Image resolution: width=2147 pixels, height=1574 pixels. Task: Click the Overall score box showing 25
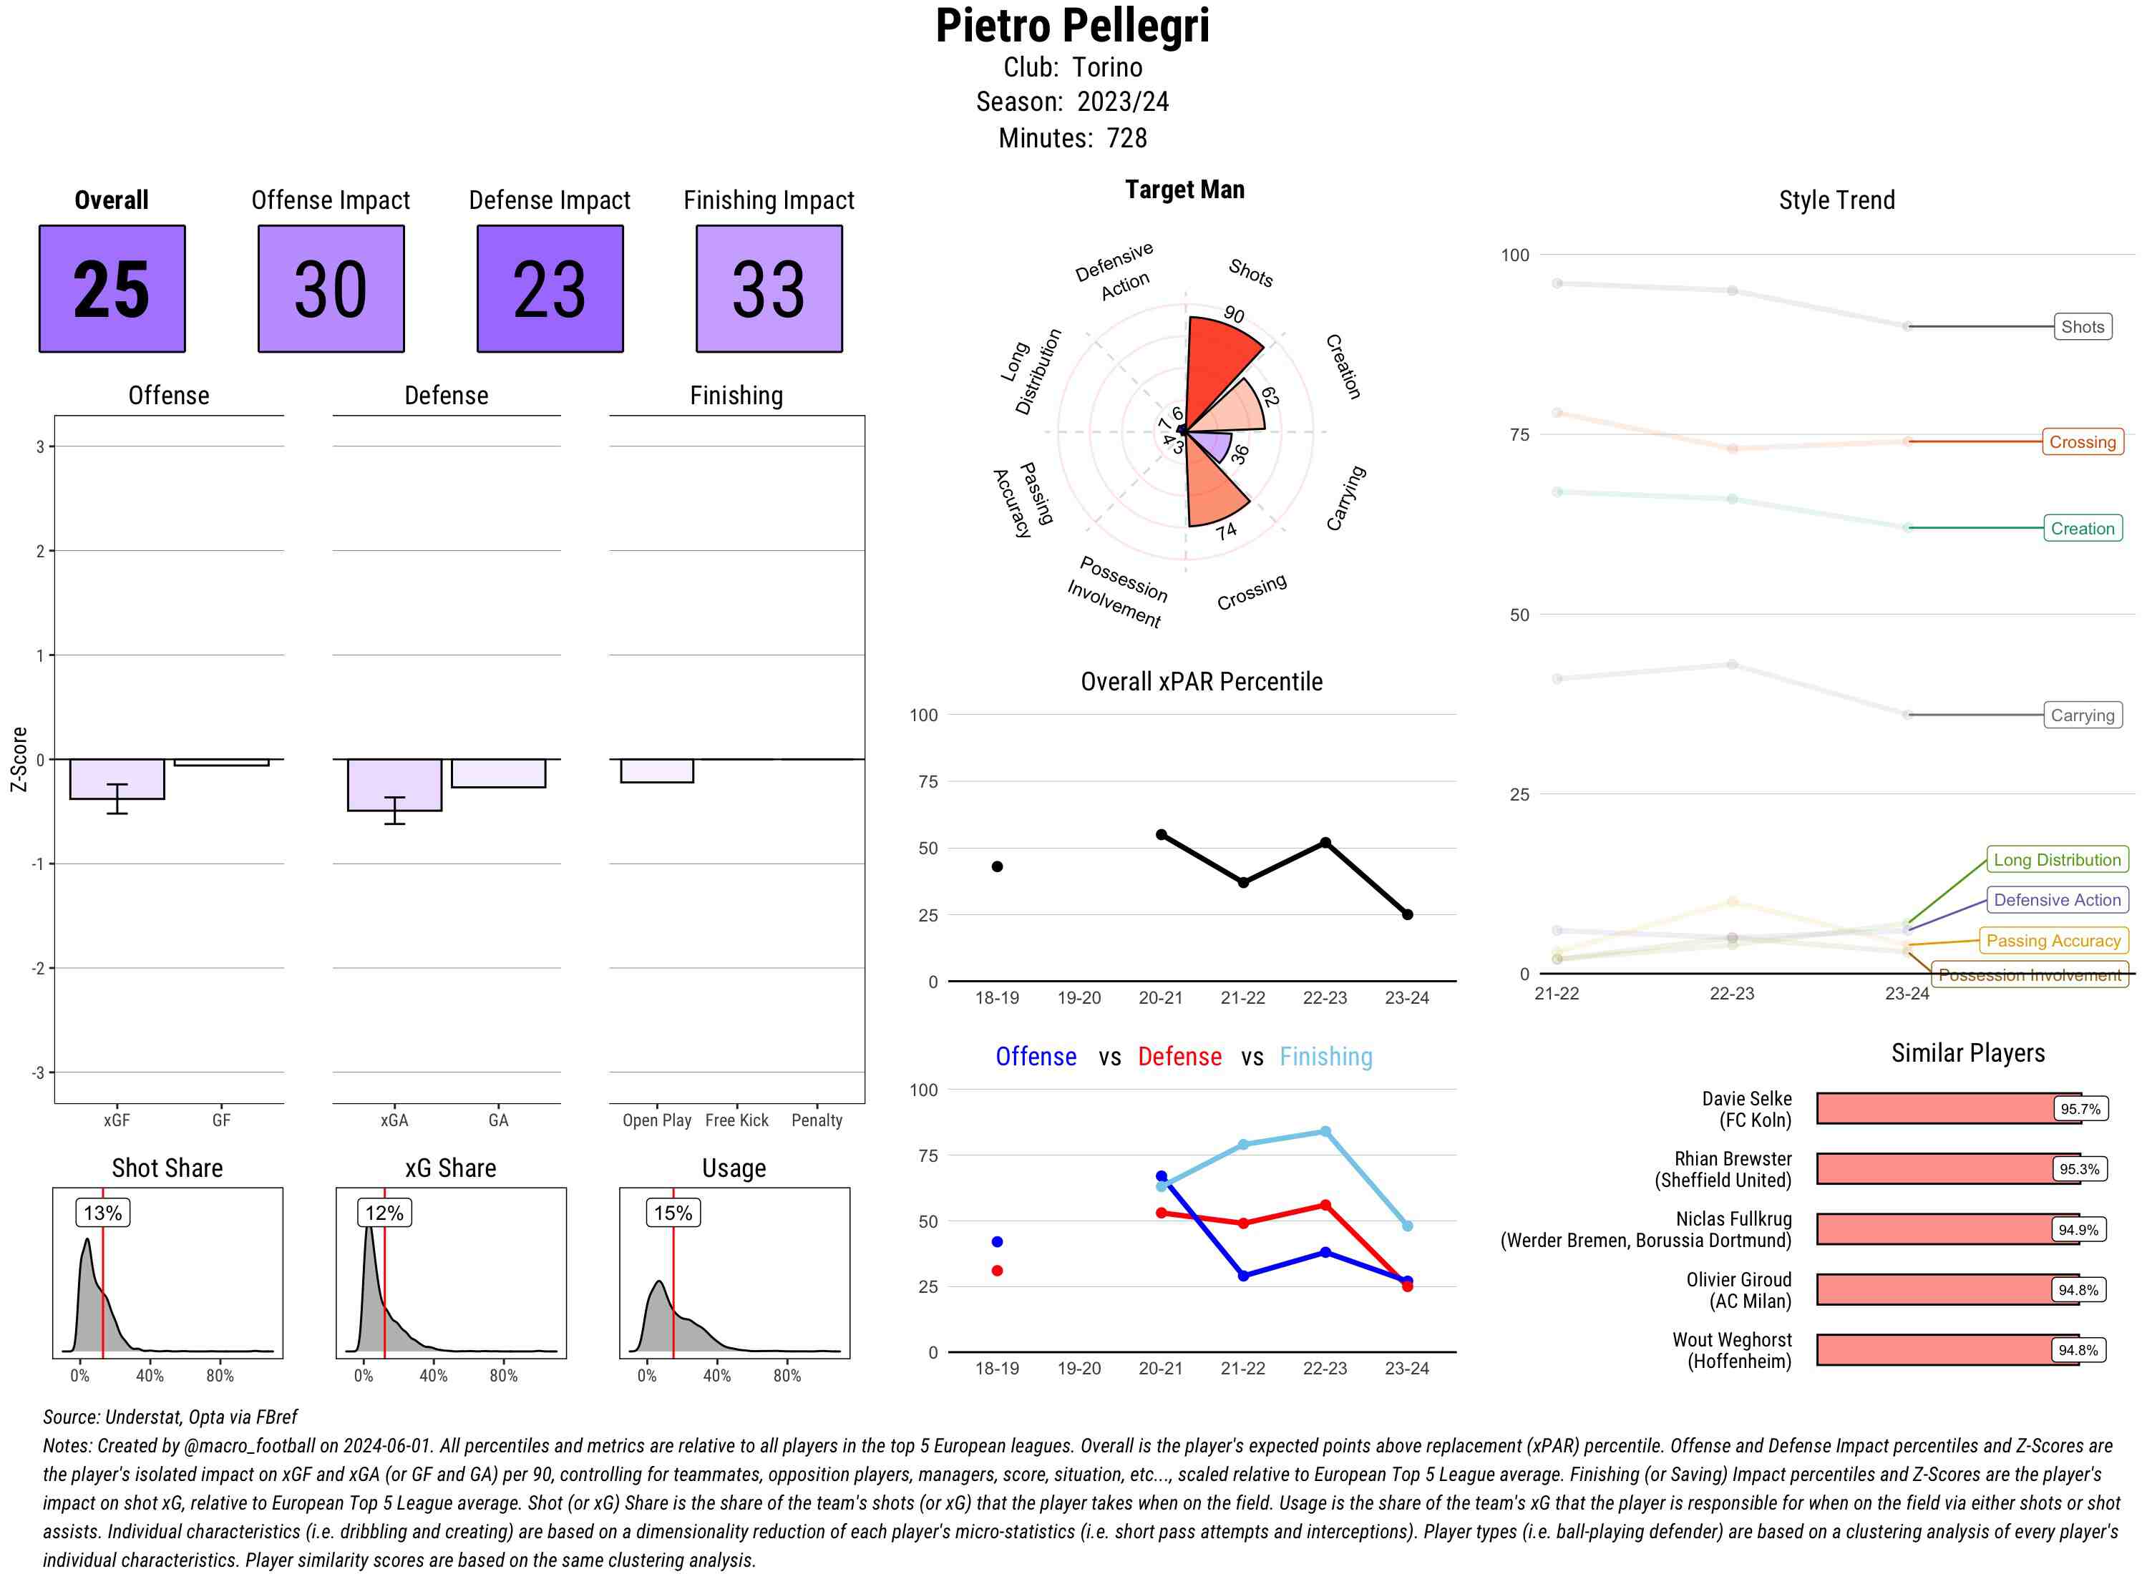[x=112, y=289]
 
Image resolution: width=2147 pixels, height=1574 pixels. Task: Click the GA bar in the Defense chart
[x=497, y=773]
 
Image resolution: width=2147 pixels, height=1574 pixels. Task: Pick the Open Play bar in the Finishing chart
[x=656, y=770]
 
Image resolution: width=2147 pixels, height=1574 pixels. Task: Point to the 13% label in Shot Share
[x=103, y=1213]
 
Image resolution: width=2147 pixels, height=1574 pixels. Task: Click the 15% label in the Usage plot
[x=673, y=1213]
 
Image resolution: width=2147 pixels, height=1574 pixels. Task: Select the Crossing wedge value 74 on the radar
[x=1227, y=531]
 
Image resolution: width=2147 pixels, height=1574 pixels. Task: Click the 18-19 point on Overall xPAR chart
[x=997, y=866]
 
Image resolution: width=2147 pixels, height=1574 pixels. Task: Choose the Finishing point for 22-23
[x=1325, y=1132]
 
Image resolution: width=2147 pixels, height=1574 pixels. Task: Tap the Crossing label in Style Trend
[x=2082, y=442]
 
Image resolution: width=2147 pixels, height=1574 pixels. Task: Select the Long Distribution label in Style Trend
[x=2057, y=859]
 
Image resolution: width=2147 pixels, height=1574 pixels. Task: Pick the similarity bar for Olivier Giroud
[x=1944, y=1290]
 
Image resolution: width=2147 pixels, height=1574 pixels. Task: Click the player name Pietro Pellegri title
[x=1072, y=26]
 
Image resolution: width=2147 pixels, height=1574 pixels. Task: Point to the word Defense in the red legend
[x=1179, y=1057]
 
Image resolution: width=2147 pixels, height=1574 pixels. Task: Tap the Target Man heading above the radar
[x=1184, y=190]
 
